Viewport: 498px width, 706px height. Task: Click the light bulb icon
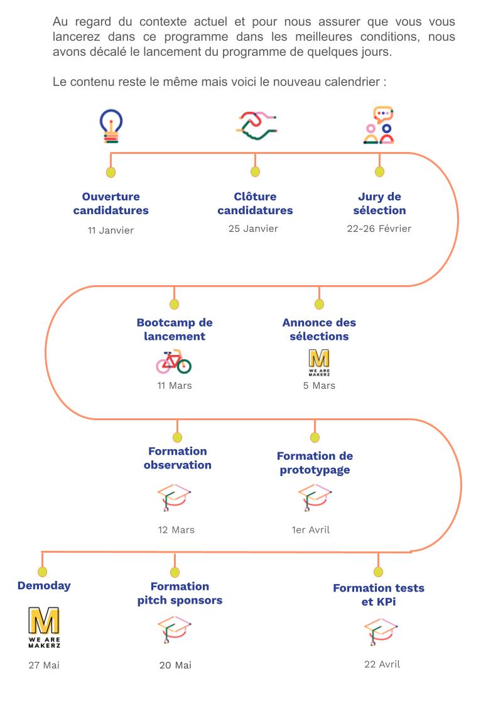click(x=111, y=126)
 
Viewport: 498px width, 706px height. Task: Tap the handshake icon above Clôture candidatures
click(x=257, y=125)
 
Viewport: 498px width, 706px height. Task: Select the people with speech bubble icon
click(x=379, y=125)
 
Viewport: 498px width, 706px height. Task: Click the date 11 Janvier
click(x=111, y=230)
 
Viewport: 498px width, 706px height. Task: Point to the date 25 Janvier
click(x=253, y=228)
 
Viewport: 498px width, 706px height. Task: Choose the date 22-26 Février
click(x=379, y=228)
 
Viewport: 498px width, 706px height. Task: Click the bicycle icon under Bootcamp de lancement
click(x=174, y=362)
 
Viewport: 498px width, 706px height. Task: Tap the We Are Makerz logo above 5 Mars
click(x=319, y=362)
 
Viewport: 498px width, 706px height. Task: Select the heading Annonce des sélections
click(x=319, y=329)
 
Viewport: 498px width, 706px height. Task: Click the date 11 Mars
click(x=174, y=386)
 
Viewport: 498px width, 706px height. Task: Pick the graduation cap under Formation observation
click(x=175, y=497)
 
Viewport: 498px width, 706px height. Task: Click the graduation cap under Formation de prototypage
click(x=315, y=497)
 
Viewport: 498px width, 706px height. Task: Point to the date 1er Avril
click(x=311, y=529)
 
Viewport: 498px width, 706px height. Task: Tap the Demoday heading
click(x=44, y=585)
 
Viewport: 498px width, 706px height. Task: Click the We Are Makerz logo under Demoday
click(x=44, y=627)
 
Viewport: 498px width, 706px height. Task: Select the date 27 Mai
click(x=44, y=665)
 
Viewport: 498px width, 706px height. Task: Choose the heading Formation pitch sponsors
click(x=180, y=593)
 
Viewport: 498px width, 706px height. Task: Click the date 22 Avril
click(x=382, y=664)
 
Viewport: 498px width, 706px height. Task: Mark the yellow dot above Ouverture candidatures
click(x=111, y=172)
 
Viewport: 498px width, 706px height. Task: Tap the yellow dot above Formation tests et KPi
click(x=378, y=572)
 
